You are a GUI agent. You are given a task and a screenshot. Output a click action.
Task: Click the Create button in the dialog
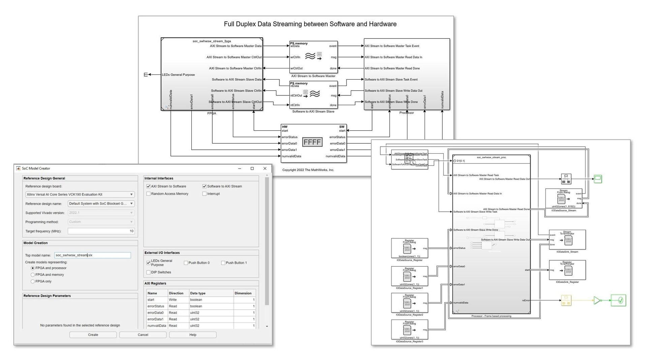coord(93,335)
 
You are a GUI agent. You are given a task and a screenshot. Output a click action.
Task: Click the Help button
coord(193,335)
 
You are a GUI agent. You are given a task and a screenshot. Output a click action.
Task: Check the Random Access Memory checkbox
coord(148,194)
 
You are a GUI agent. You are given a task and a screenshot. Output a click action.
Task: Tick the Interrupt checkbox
coord(205,194)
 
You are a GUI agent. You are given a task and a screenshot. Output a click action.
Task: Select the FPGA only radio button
coord(33,281)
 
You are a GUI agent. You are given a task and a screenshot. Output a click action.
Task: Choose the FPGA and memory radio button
coord(33,275)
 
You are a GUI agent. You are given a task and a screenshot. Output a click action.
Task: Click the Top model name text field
coord(92,255)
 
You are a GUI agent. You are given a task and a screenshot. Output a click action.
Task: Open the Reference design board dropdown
coord(80,194)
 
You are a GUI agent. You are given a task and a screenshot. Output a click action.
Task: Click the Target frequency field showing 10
coord(101,231)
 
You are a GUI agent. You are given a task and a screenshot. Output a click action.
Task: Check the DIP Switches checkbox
coord(148,272)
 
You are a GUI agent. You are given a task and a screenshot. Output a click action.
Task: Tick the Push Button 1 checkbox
coord(223,263)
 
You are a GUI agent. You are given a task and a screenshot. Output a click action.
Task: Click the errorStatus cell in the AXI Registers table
coord(156,306)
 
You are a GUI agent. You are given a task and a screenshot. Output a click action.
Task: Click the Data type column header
coord(197,293)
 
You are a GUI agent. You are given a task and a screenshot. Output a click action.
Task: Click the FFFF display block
coord(312,142)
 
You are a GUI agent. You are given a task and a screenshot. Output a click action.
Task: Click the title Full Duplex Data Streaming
coord(310,24)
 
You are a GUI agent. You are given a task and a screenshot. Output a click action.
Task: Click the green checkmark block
coord(618,300)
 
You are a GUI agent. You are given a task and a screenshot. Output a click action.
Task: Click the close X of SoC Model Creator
coord(265,169)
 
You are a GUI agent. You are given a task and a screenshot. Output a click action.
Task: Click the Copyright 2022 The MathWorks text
coord(308,170)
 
